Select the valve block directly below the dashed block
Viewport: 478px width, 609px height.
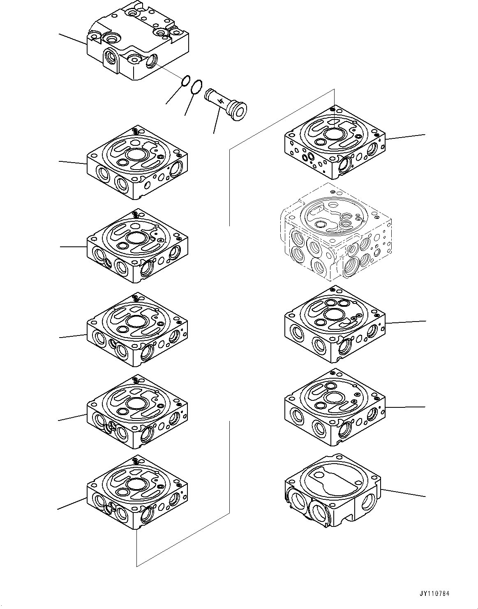coord(335,324)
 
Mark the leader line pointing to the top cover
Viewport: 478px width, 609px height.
coord(73,38)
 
